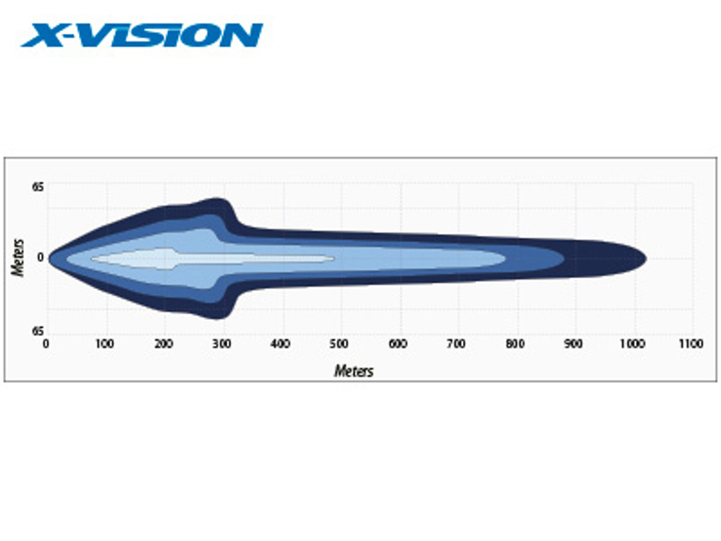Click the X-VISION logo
(142, 35)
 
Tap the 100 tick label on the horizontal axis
(104, 344)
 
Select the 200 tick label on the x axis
(163, 344)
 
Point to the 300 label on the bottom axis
(222, 344)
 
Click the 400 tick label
(281, 344)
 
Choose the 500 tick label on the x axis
(339, 344)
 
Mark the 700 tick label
(457, 344)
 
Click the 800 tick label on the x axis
(515, 344)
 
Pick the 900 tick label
(573, 344)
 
